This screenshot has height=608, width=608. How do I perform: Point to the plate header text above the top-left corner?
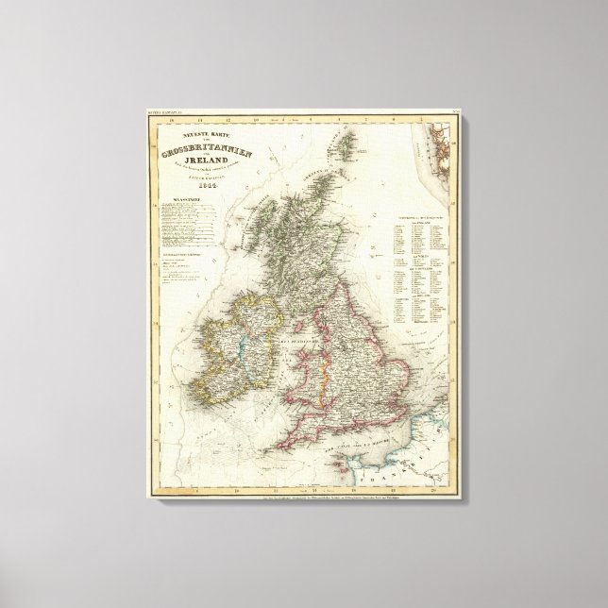[160, 115]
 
